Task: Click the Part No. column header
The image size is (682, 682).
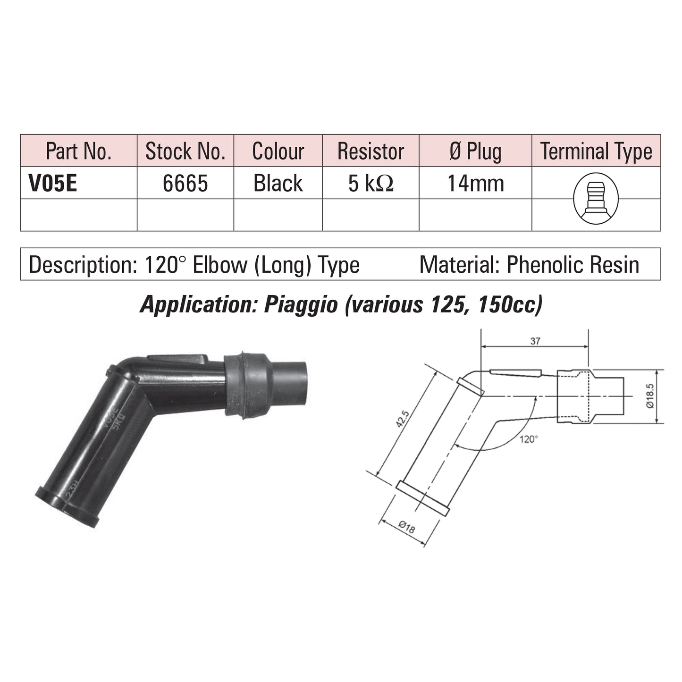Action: [x=78, y=151]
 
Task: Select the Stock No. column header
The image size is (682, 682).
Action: [x=185, y=151]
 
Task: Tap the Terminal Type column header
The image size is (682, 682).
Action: [x=596, y=152]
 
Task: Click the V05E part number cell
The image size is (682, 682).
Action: [x=53, y=183]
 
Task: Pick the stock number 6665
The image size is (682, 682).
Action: [x=185, y=183]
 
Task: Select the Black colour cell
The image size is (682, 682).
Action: [x=278, y=183]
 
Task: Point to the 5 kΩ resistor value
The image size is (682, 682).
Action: [x=370, y=183]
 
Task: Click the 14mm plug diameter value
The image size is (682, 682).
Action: [x=476, y=183]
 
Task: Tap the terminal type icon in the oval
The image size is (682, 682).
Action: [x=596, y=198]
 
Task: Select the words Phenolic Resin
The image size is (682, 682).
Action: [x=573, y=264]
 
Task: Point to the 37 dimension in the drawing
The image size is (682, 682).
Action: [x=535, y=341]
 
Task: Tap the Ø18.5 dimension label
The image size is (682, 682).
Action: [x=650, y=396]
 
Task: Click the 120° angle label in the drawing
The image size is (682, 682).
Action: [x=529, y=439]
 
